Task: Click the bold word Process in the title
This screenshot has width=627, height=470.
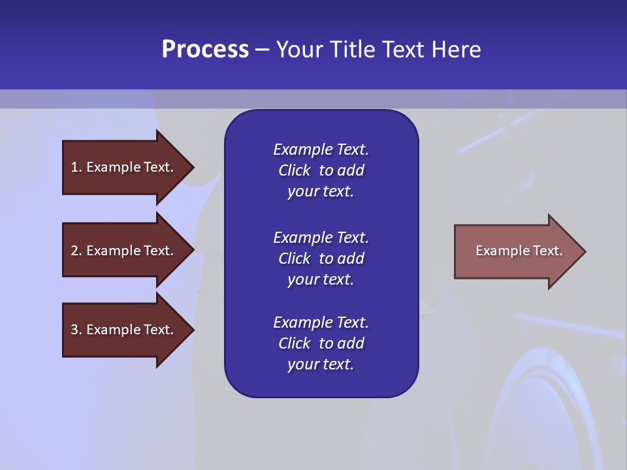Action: [205, 50]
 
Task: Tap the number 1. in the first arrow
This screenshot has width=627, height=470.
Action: [76, 167]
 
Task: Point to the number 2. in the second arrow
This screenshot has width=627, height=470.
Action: [76, 251]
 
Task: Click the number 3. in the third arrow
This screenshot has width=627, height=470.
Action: [76, 330]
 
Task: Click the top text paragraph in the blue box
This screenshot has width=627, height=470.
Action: [321, 170]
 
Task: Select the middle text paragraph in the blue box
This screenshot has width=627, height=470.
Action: [321, 258]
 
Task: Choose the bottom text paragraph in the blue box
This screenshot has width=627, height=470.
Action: [321, 343]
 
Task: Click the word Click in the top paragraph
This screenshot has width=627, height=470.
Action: [294, 170]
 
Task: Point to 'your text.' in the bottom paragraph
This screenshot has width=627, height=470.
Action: [321, 364]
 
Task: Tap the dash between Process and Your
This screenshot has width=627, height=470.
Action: [263, 50]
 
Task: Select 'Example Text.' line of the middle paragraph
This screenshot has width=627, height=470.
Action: [321, 238]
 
